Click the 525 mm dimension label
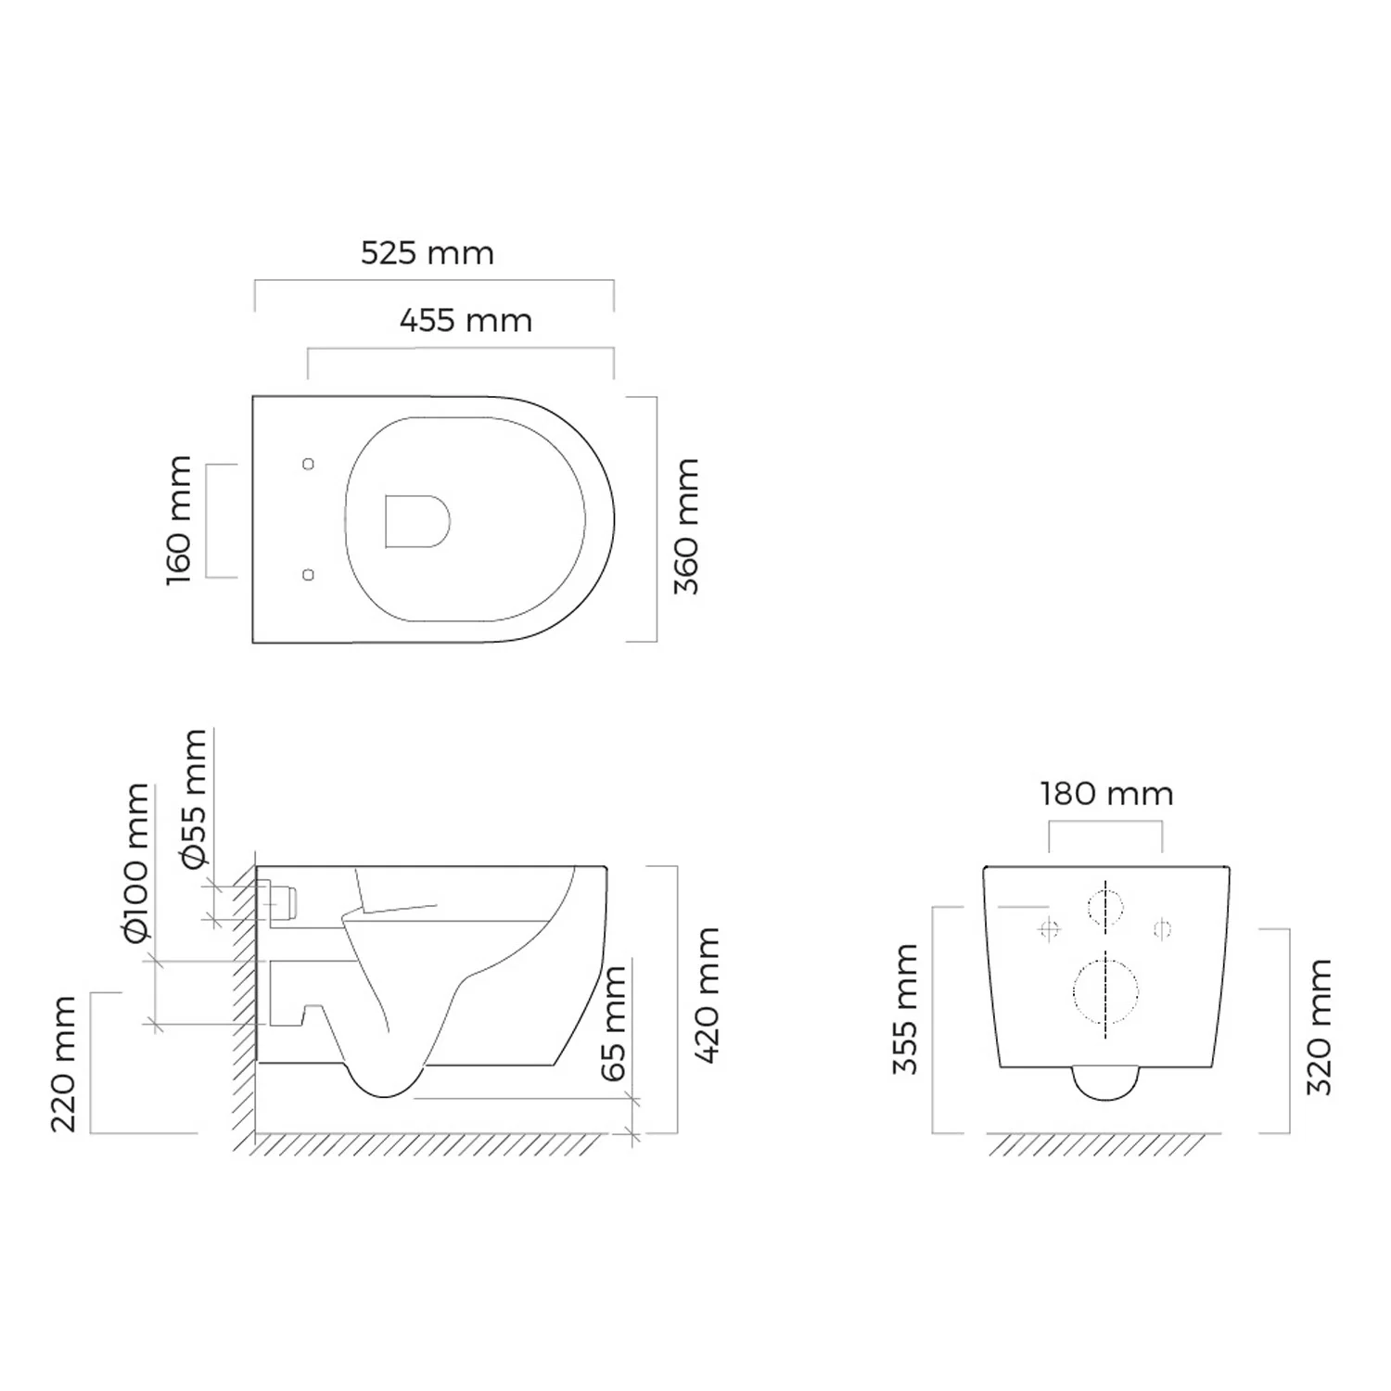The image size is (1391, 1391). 428,253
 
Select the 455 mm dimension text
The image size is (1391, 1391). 466,321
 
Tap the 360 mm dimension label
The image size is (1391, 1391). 686,526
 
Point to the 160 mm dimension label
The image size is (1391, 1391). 179,520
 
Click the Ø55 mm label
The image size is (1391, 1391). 195,799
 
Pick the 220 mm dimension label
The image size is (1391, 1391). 63,1065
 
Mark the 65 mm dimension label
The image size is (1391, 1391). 614,1024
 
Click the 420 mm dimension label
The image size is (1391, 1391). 707,995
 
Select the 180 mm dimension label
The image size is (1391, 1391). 1106,795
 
